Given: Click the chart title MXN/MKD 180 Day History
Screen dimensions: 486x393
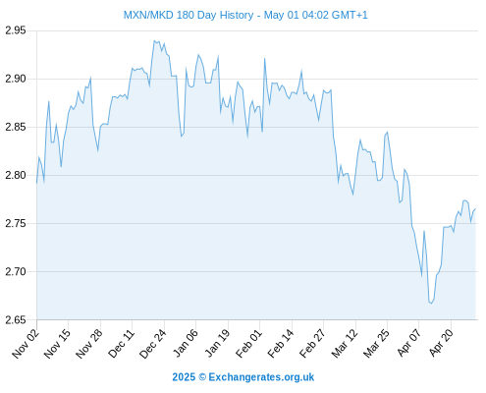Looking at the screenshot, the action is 189,15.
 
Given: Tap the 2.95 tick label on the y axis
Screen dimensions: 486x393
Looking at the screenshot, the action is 15,30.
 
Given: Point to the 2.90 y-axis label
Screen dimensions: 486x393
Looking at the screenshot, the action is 15,79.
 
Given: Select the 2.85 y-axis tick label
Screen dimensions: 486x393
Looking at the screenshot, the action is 15,127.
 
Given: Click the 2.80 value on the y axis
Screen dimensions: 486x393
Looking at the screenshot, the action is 15,175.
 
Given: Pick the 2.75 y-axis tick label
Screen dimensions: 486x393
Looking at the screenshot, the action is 15,223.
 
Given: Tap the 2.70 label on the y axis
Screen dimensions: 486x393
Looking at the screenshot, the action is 15,271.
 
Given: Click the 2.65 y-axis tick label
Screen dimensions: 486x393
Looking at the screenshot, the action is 15,319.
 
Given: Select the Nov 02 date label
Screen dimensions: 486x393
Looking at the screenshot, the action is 26,343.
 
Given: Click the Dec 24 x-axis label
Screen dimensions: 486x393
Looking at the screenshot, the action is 153,343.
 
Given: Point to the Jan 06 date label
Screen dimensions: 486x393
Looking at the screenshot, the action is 186,343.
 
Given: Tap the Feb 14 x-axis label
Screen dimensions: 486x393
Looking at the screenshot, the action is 281,343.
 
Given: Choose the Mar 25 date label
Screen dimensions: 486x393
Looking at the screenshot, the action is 376,343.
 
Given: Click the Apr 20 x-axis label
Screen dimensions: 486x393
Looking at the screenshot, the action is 441,343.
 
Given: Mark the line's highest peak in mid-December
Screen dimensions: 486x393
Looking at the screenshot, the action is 154,41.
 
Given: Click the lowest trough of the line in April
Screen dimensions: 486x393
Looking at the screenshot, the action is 431,304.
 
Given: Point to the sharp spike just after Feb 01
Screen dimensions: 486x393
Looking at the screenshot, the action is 264,59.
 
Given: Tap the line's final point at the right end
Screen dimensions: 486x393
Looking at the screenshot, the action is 475,209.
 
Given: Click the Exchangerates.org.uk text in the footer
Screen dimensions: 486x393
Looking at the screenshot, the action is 261,377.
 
